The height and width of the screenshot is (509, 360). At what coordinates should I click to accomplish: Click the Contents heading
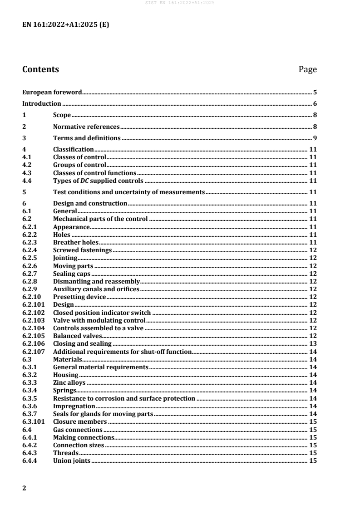click(x=40, y=69)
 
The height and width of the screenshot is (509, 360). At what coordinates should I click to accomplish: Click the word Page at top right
click(x=307, y=70)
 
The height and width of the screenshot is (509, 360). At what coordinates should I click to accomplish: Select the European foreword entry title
click(x=52, y=92)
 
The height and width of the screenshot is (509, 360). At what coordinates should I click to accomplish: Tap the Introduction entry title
click(x=42, y=103)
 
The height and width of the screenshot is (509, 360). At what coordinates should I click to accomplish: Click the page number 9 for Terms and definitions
click(x=315, y=138)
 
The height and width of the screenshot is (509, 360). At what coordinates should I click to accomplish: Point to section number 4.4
click(x=28, y=180)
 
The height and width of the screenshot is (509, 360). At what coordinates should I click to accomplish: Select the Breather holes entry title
click(x=72, y=243)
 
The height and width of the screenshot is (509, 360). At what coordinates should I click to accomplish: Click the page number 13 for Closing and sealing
click(x=313, y=343)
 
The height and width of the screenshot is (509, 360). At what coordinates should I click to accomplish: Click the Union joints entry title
click(x=72, y=460)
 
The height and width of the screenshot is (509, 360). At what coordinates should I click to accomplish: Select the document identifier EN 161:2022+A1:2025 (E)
click(x=66, y=24)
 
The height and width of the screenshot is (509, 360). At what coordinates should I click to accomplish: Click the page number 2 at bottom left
click(x=25, y=488)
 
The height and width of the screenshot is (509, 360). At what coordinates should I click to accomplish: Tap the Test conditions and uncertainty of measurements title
click(x=129, y=192)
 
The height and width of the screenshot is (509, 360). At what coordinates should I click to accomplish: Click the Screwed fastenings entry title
click(x=82, y=250)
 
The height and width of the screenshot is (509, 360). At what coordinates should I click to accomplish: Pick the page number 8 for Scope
click(x=315, y=115)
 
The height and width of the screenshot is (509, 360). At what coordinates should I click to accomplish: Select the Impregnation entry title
click(x=74, y=406)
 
